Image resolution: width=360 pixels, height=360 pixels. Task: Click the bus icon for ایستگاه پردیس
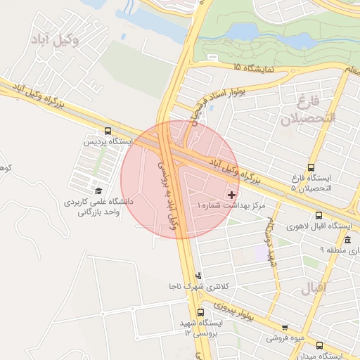click(108, 131)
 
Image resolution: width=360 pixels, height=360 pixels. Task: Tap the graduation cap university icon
click(98, 191)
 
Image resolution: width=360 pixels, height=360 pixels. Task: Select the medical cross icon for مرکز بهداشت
click(232, 194)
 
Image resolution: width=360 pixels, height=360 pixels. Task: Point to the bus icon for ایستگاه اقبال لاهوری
click(319, 216)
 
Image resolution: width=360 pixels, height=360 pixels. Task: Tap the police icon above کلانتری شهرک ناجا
click(198, 276)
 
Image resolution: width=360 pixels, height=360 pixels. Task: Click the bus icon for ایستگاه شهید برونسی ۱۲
click(201, 311)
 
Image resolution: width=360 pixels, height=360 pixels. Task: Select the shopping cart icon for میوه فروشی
click(285, 327)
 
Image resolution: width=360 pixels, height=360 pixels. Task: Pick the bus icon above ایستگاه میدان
click(319, 345)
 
